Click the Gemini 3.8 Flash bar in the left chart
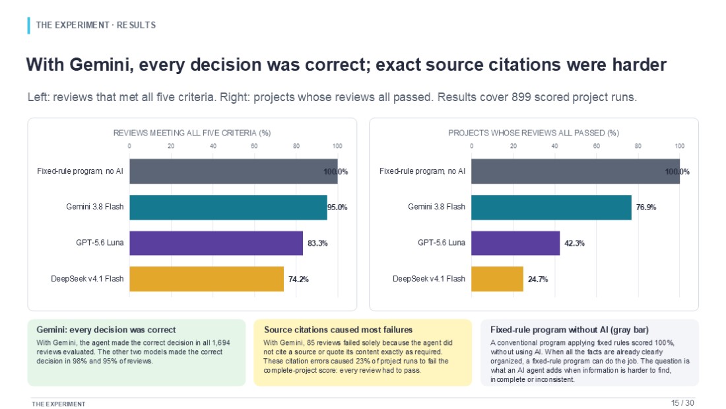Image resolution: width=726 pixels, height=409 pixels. point(228,207)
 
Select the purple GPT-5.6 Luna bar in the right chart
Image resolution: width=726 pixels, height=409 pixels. point(515,243)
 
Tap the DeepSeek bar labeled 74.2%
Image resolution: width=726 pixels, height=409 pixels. point(207,279)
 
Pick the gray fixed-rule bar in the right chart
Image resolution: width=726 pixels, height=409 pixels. point(576,172)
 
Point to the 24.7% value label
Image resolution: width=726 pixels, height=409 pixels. point(538,279)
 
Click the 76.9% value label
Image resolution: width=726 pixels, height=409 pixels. point(646,207)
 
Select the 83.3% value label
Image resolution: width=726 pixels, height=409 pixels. point(317,243)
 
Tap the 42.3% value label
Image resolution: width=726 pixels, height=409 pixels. point(574,243)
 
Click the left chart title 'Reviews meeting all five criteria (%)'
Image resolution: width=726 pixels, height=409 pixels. point(192,133)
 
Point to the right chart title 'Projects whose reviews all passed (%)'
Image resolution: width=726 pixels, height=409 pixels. point(533,133)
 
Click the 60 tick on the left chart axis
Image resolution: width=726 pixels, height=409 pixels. point(254,146)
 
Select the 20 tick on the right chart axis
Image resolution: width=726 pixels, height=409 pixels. point(513,146)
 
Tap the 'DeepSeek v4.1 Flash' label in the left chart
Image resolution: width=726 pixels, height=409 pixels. point(87,279)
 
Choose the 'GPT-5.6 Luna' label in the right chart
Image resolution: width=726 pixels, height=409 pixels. point(442,242)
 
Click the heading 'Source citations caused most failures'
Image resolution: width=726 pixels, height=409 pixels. point(338,330)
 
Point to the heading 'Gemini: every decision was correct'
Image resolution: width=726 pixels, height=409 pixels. point(106,330)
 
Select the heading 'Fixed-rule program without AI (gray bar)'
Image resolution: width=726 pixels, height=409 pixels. point(570,330)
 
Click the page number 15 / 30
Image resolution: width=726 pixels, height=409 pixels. point(682,402)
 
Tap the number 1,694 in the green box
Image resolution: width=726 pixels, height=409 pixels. point(221,343)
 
